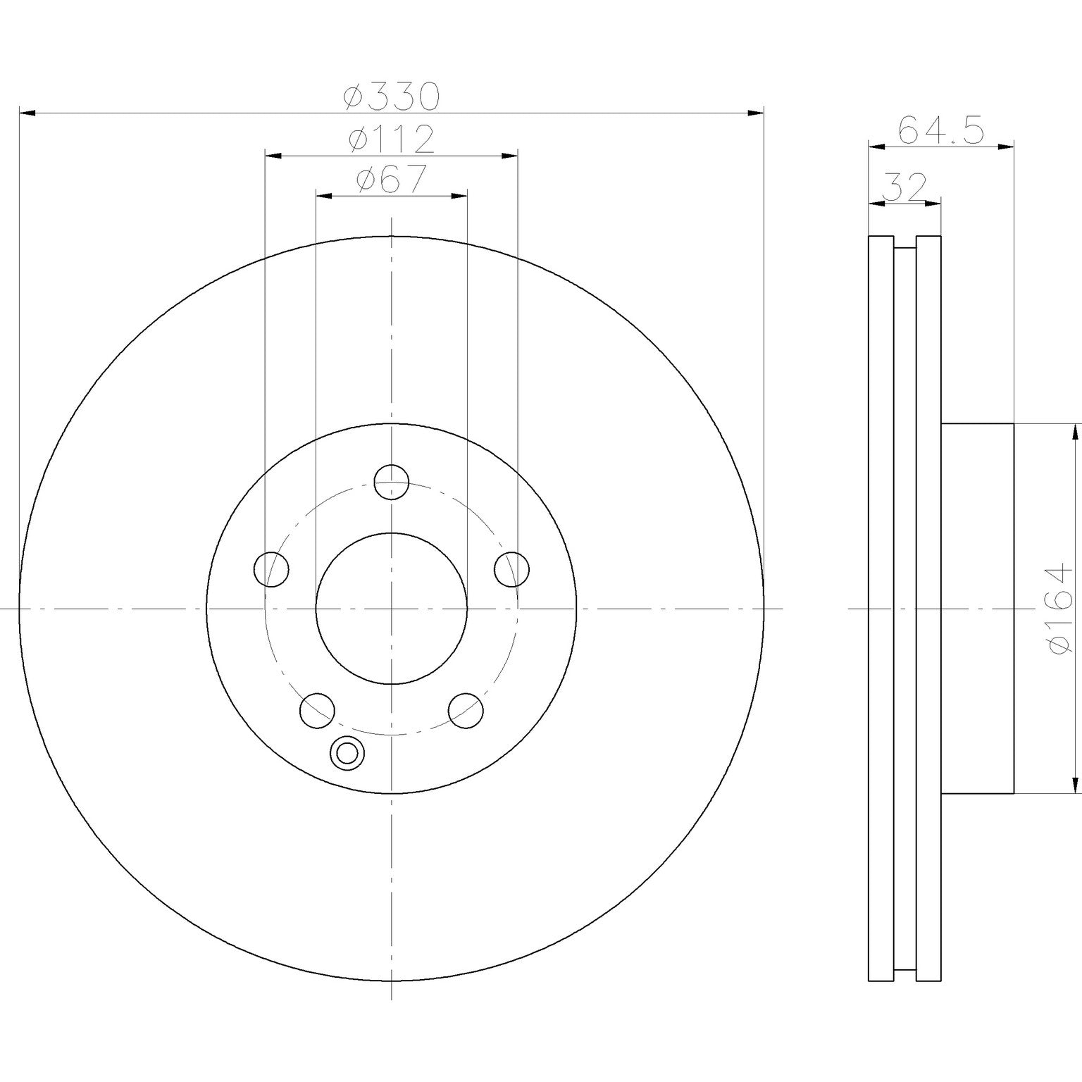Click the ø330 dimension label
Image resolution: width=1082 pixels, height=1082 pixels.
(392, 97)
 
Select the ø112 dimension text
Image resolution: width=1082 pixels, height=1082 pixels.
(392, 139)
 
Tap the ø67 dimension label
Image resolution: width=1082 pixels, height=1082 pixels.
(392, 180)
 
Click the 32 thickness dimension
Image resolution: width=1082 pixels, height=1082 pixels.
(904, 187)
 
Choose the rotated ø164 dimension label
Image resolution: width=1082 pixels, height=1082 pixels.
(1062, 609)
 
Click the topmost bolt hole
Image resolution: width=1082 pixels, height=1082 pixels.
(392, 483)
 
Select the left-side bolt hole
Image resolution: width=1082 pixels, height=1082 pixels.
(271, 569)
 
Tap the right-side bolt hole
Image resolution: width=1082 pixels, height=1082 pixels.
(512, 569)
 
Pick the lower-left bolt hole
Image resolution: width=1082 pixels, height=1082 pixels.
(317, 711)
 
